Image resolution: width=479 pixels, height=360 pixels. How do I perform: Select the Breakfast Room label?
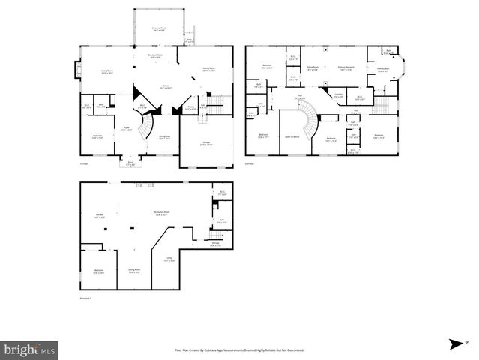coord(155,57)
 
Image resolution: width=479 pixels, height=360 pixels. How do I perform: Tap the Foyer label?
coord(128,129)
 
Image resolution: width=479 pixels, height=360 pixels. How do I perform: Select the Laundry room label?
coord(338,95)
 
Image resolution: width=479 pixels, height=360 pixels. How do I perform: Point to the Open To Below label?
coord(293,137)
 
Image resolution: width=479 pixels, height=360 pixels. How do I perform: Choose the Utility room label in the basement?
coord(168,260)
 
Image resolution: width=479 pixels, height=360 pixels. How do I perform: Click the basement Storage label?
coord(215,244)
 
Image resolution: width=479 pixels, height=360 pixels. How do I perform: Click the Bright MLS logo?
coord(30,349)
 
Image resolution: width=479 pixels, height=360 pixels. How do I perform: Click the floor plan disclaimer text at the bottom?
coord(239,350)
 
